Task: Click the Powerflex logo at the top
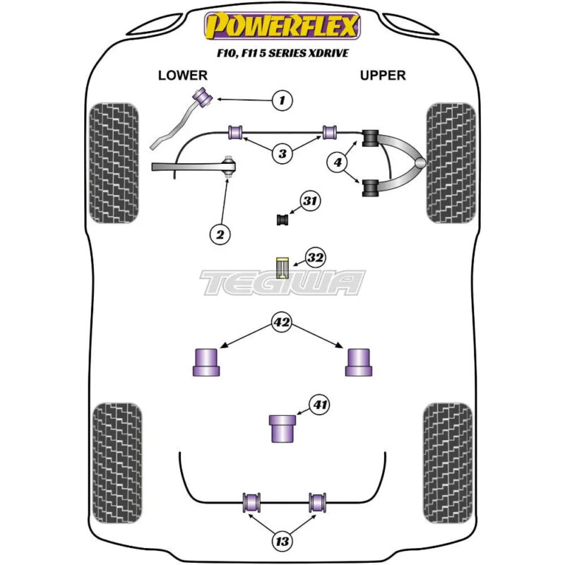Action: pos(282,25)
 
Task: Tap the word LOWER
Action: pos(183,76)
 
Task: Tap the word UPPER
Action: pos(383,76)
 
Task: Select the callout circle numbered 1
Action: pos(282,100)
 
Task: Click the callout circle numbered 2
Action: pos(220,234)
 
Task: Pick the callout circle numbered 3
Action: pos(282,153)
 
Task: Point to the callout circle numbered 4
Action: pos(338,162)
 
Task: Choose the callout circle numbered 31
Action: pos(310,201)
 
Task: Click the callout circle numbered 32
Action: pos(315,258)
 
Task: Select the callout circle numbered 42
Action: pos(281,322)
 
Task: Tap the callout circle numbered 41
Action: pos(320,405)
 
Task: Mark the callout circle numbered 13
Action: pos(282,541)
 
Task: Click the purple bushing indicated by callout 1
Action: pos(203,97)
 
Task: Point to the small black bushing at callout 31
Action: pos(283,220)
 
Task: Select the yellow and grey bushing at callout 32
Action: pos(282,268)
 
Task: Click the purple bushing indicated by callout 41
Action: pos(282,429)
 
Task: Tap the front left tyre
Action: pos(114,163)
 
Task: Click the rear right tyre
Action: pos(448,463)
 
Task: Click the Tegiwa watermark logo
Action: pos(282,282)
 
